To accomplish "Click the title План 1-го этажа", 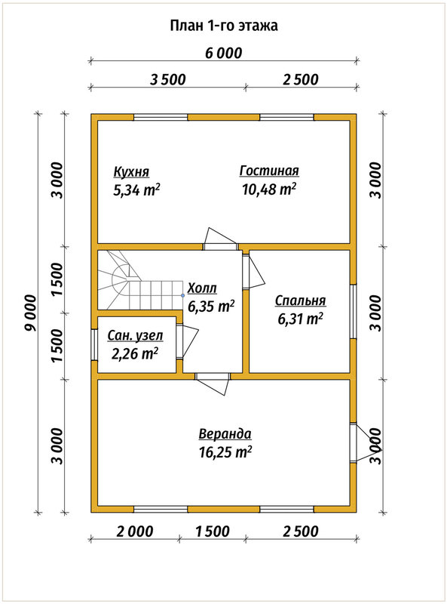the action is [x=224, y=26].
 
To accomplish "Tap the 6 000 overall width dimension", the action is [x=223, y=53].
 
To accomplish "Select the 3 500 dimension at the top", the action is [x=168, y=80].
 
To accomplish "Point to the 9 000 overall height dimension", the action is [x=30, y=313].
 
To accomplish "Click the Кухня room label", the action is [x=131, y=172].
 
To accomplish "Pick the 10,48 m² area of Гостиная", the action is [x=269, y=190].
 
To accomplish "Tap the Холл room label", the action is [x=202, y=288].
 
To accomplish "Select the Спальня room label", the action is [x=301, y=300].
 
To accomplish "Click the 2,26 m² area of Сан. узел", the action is [x=135, y=353].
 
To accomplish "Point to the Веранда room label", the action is [x=225, y=433].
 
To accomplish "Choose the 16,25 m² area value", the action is [x=225, y=451].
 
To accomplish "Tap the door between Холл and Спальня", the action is [x=254, y=271].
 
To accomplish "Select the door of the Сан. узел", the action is [x=188, y=341].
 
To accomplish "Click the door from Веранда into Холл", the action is [x=213, y=384].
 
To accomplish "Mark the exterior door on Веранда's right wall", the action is [x=366, y=443].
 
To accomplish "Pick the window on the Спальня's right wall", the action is [x=353, y=312].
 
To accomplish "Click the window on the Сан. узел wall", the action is [x=94, y=345].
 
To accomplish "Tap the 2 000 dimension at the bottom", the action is [x=135, y=532].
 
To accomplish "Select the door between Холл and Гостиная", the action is [x=220, y=239].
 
